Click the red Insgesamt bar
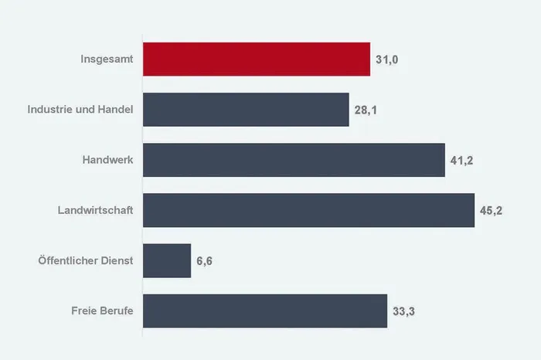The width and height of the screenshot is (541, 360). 257,59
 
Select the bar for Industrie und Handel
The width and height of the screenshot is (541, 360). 246,110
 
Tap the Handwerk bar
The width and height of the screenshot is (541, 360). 294,160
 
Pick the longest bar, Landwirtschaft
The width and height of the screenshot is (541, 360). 309,210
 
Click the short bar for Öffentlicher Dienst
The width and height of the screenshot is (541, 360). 167,260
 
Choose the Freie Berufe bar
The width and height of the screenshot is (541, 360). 265,311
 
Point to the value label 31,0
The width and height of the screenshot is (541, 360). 386,59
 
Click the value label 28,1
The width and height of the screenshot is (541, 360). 366,110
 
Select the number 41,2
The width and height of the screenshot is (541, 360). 461,161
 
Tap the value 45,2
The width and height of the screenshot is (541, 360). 491,211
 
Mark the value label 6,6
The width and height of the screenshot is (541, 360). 204,261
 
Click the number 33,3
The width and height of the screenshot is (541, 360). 403,311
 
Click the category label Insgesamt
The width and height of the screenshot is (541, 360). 107,59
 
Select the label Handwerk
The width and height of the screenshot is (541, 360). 107,160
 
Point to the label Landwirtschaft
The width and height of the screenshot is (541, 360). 95,210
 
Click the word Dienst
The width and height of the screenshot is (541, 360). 117,260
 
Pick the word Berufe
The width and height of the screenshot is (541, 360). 116,311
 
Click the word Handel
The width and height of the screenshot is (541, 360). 115,109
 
